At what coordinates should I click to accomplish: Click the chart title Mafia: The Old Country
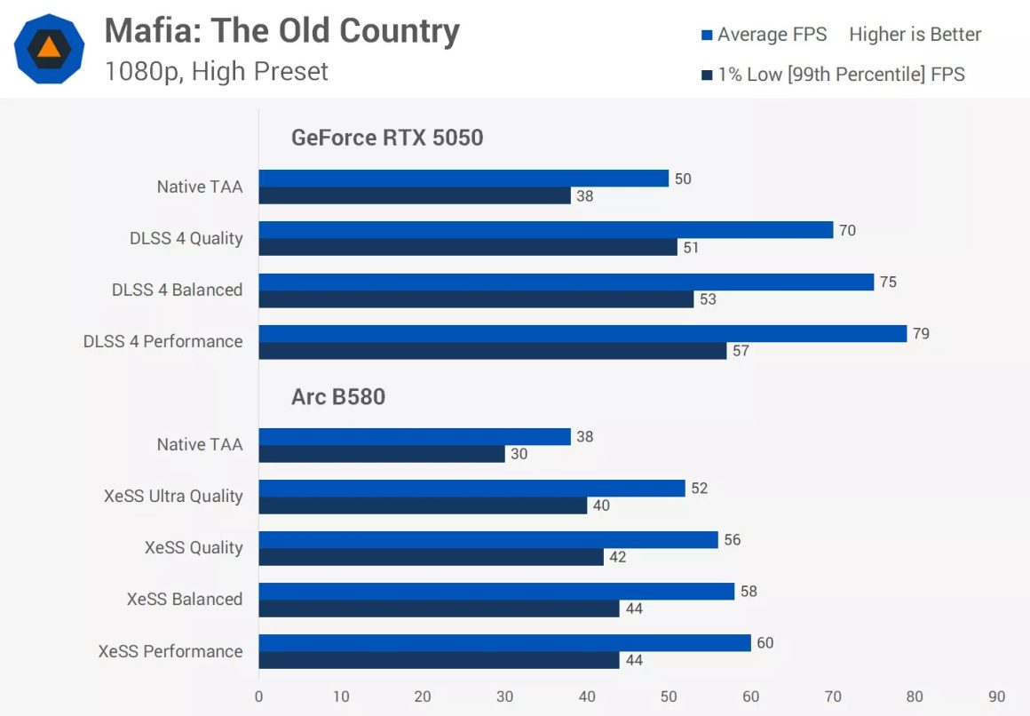pos(281,31)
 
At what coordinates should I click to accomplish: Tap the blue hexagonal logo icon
pos(50,49)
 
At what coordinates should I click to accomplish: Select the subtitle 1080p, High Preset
pos(216,71)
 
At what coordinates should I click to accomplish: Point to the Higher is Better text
pos(915,35)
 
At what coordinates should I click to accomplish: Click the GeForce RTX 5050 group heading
pos(387,138)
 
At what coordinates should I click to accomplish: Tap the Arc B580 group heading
pos(338,396)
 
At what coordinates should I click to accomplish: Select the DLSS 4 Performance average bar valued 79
pos(582,333)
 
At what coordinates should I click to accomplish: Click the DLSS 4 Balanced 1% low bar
pos(476,299)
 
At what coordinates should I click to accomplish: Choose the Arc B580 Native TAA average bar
pos(415,436)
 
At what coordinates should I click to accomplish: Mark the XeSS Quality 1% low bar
pos(431,557)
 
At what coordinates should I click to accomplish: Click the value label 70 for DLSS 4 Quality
pos(847,230)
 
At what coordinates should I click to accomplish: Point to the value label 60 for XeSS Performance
pos(765,642)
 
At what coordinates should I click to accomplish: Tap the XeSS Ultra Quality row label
pos(173,496)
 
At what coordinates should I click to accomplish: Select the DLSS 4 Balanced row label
pos(177,290)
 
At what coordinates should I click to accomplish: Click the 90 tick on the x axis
pos(996,696)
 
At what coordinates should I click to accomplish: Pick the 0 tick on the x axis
pos(258,696)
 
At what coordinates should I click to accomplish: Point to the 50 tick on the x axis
pos(669,696)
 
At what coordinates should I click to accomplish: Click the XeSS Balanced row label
pos(185,599)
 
